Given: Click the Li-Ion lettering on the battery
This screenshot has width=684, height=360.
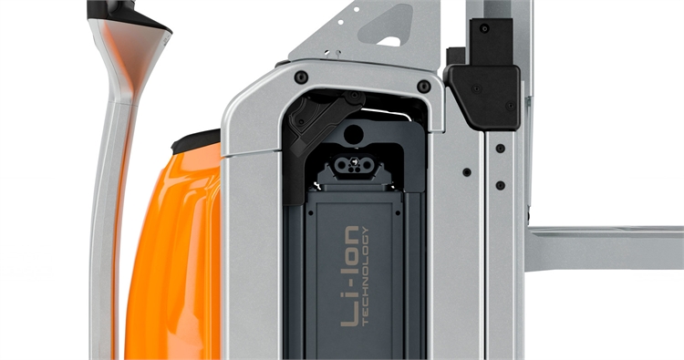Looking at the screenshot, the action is pos(350,275).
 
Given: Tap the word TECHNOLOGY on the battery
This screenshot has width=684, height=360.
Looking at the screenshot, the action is pos(366,276).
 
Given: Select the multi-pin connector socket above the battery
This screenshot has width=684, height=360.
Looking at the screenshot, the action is pos(353,164).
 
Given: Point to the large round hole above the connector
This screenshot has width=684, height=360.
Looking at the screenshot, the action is pos(353,134).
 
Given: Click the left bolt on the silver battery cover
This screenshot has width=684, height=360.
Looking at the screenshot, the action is pos(301,77).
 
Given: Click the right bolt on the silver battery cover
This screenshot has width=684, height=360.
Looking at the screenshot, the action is pos(423,86).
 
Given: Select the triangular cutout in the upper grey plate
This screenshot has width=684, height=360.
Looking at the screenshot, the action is pos(386,27).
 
